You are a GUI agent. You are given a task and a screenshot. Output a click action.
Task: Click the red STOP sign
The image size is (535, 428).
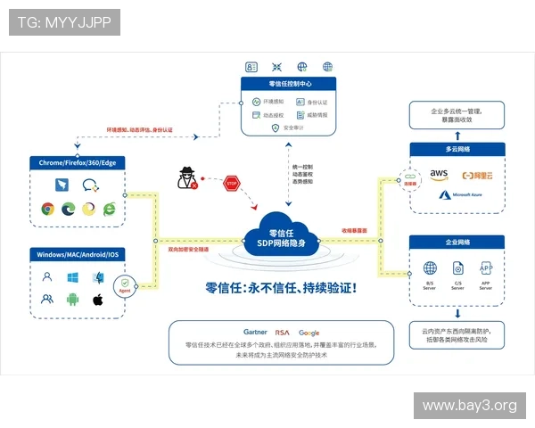233,183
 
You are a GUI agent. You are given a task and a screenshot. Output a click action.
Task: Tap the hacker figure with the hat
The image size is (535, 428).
188,177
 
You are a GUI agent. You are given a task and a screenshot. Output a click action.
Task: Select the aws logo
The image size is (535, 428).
439,174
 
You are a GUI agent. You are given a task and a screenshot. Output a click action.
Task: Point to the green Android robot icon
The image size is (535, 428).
72,299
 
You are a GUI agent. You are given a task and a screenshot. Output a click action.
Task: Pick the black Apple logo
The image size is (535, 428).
98,299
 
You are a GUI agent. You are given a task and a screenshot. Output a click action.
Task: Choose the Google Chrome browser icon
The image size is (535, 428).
46,209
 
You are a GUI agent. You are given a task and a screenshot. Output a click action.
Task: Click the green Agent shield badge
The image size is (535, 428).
125,287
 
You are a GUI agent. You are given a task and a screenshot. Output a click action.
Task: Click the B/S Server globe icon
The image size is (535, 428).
430,268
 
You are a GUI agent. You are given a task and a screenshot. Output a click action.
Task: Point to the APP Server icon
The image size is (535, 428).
486,268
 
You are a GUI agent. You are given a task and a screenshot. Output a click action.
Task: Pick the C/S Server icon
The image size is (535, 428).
457,268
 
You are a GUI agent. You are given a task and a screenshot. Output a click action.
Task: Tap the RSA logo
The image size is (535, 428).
282,332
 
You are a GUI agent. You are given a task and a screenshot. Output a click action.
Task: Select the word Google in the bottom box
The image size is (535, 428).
309,332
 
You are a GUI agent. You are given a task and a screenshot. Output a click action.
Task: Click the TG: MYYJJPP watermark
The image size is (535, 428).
64,21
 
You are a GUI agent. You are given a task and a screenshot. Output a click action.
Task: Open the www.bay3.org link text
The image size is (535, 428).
469,406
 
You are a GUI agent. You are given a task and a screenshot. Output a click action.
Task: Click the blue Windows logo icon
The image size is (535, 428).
72,277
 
